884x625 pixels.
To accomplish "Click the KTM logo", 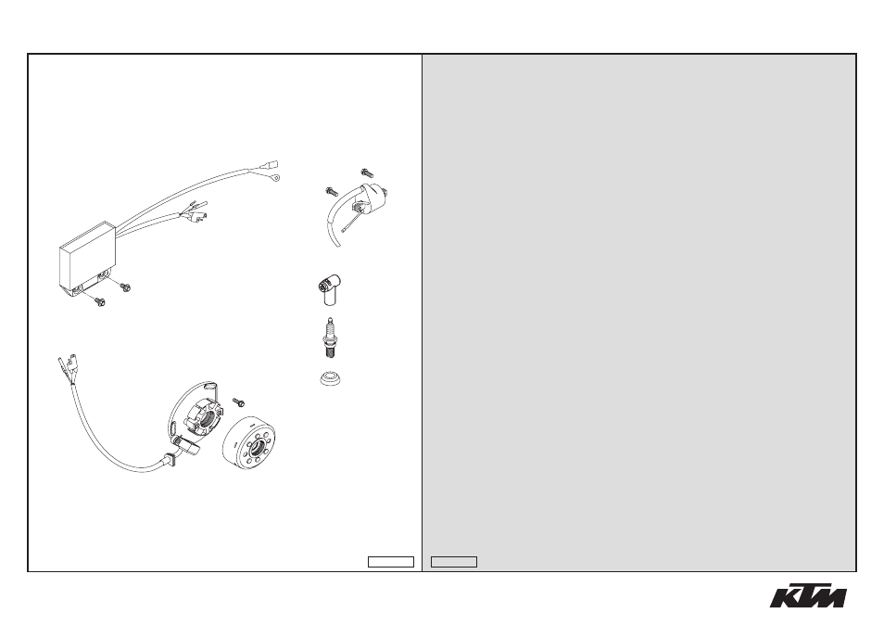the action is click(808, 595).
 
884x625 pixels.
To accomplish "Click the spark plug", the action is click(327, 338).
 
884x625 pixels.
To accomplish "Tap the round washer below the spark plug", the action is click(331, 378).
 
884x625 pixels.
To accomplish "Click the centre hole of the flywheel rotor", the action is click(259, 449).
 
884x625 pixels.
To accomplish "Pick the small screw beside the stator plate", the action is click(240, 402).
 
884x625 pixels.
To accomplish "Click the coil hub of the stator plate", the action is click(205, 418).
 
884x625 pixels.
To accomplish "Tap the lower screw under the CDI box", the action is click(100, 302).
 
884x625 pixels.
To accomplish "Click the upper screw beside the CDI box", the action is click(125, 287).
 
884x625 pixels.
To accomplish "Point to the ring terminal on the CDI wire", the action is click(274, 178).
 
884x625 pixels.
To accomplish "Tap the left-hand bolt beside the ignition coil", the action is click(332, 192).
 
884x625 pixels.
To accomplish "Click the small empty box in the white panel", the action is click(391, 562).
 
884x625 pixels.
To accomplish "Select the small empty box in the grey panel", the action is click(454, 562).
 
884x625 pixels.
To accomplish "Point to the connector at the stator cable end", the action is click(67, 365).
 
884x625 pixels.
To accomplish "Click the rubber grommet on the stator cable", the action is click(169, 459).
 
